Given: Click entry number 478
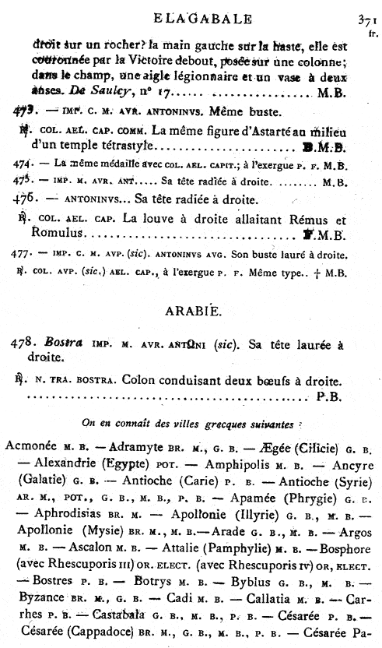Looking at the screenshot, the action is (x=22, y=343).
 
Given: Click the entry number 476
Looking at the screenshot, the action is (x=26, y=199).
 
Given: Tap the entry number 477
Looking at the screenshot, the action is (x=23, y=253).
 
